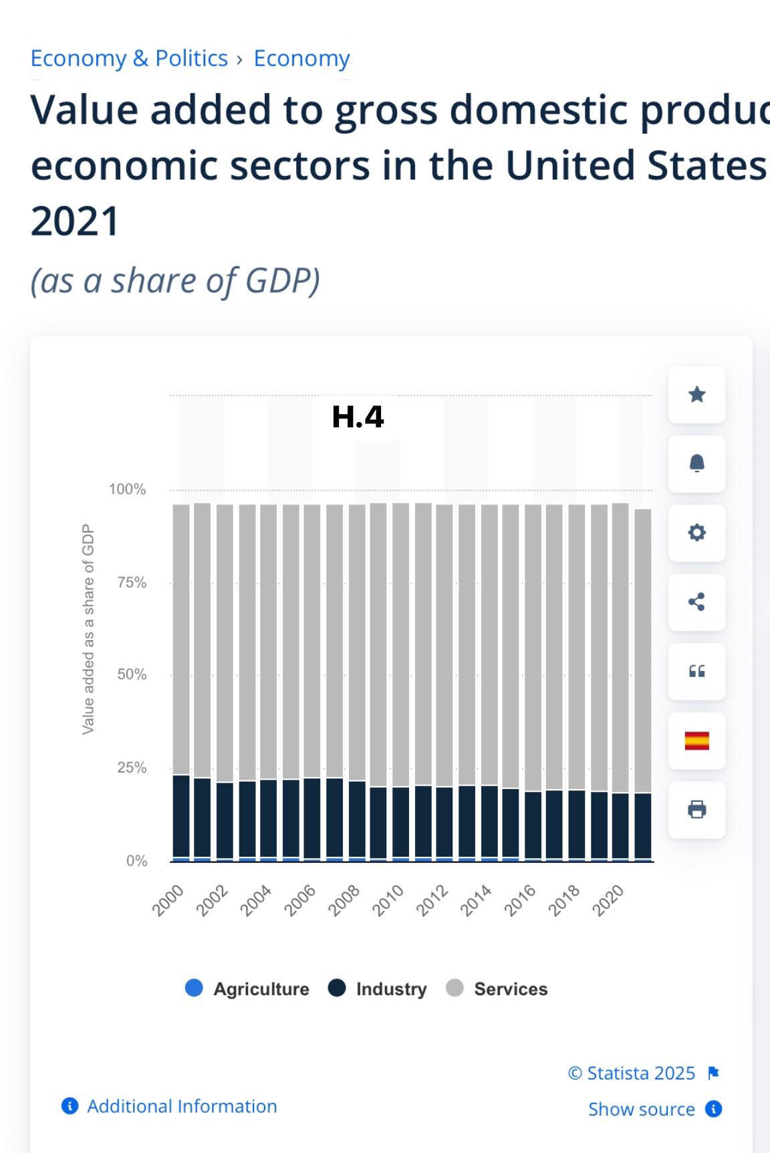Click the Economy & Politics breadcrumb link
[129, 58]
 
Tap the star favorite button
[696, 395]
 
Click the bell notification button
[696, 463]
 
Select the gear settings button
[696, 533]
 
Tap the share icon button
[696, 602]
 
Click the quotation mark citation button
[696, 671]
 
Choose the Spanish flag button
[696, 740]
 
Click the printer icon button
[696, 810]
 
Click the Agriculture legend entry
[247, 988]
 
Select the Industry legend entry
[378, 988]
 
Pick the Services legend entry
[497, 988]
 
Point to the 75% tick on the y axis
[132, 583]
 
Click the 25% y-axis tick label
[132, 768]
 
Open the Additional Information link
[182, 1106]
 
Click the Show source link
[642, 1109]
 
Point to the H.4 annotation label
[358, 417]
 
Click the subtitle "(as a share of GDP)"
[175, 281]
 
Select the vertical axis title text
[88, 629]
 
